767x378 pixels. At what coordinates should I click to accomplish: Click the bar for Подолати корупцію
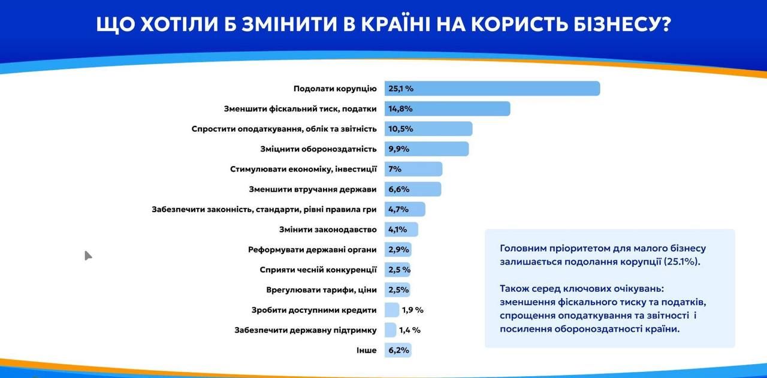click(x=491, y=89)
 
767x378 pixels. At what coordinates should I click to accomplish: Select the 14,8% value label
click(x=400, y=109)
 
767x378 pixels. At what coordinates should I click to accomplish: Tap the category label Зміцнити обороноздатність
click(x=319, y=149)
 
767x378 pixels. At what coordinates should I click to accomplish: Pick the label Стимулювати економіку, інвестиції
click(x=303, y=169)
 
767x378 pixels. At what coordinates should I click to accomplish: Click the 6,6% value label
click(x=398, y=189)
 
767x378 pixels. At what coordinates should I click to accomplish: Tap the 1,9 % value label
click(x=413, y=310)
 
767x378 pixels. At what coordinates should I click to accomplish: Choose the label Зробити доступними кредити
click(x=314, y=310)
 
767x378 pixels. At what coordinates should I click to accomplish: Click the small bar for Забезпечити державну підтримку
click(x=390, y=330)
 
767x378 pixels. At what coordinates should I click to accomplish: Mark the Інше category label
click(x=366, y=350)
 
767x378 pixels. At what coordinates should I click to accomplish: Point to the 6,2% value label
click(x=398, y=350)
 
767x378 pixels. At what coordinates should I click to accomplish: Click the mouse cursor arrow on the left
click(x=87, y=255)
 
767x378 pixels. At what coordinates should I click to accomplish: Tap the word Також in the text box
click(x=515, y=288)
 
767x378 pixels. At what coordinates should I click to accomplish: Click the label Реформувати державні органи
click(x=312, y=250)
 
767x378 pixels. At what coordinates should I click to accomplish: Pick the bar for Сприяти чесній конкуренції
click(x=397, y=270)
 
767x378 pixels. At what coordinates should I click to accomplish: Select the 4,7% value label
click(x=398, y=210)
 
